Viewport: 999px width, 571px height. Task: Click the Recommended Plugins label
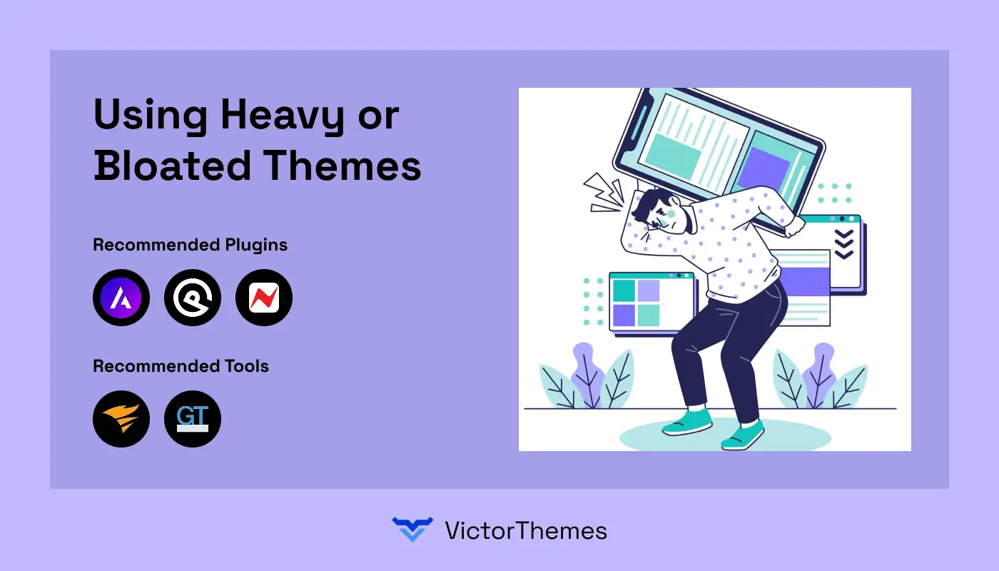tap(191, 245)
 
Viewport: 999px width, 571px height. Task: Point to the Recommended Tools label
tap(181, 366)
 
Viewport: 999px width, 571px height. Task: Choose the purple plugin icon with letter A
tap(121, 298)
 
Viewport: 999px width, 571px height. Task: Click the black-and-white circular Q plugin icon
tap(193, 298)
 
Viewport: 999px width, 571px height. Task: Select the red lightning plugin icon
tap(264, 298)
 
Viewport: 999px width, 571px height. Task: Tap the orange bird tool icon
tap(121, 419)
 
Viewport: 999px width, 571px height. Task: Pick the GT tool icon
tap(193, 419)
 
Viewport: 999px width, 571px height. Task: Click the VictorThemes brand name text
tap(525, 530)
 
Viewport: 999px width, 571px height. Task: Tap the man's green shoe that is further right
tap(744, 435)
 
